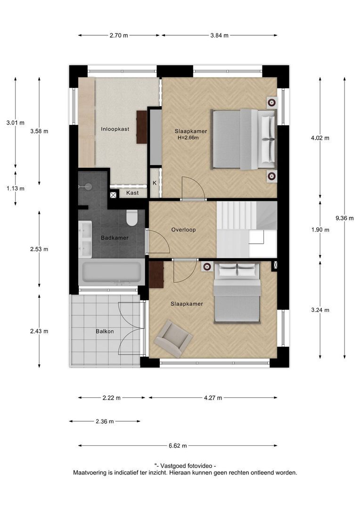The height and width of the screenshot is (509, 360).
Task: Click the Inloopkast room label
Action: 115,129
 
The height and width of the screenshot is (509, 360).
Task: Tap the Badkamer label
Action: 115,238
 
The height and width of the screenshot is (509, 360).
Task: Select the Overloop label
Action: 183,230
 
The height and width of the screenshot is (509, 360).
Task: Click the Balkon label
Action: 105,331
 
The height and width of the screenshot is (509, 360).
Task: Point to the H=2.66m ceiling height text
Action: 188,138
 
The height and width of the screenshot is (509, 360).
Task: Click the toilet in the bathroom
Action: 131,217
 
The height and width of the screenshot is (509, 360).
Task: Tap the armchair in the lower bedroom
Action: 174,337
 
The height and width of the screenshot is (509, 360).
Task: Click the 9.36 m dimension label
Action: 344,218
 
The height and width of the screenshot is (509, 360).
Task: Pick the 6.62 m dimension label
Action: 177,445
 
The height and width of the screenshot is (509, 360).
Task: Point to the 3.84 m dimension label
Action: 219,35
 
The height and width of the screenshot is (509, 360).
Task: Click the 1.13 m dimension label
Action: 15,188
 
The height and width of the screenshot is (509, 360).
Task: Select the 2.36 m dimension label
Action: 104,421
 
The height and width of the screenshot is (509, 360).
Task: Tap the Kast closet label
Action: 132,193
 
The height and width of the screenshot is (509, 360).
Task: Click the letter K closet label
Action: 155,183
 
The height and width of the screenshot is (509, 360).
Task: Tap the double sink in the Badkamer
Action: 86,238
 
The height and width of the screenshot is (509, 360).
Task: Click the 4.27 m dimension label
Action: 213,398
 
